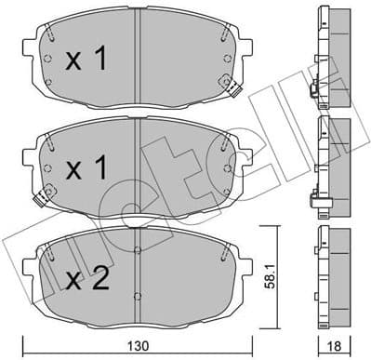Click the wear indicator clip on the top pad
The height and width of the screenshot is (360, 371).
(236, 93)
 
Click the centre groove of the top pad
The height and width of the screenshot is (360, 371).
(137, 56)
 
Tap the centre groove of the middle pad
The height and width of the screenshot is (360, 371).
(137, 163)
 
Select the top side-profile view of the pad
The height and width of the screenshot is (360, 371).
(334, 56)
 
